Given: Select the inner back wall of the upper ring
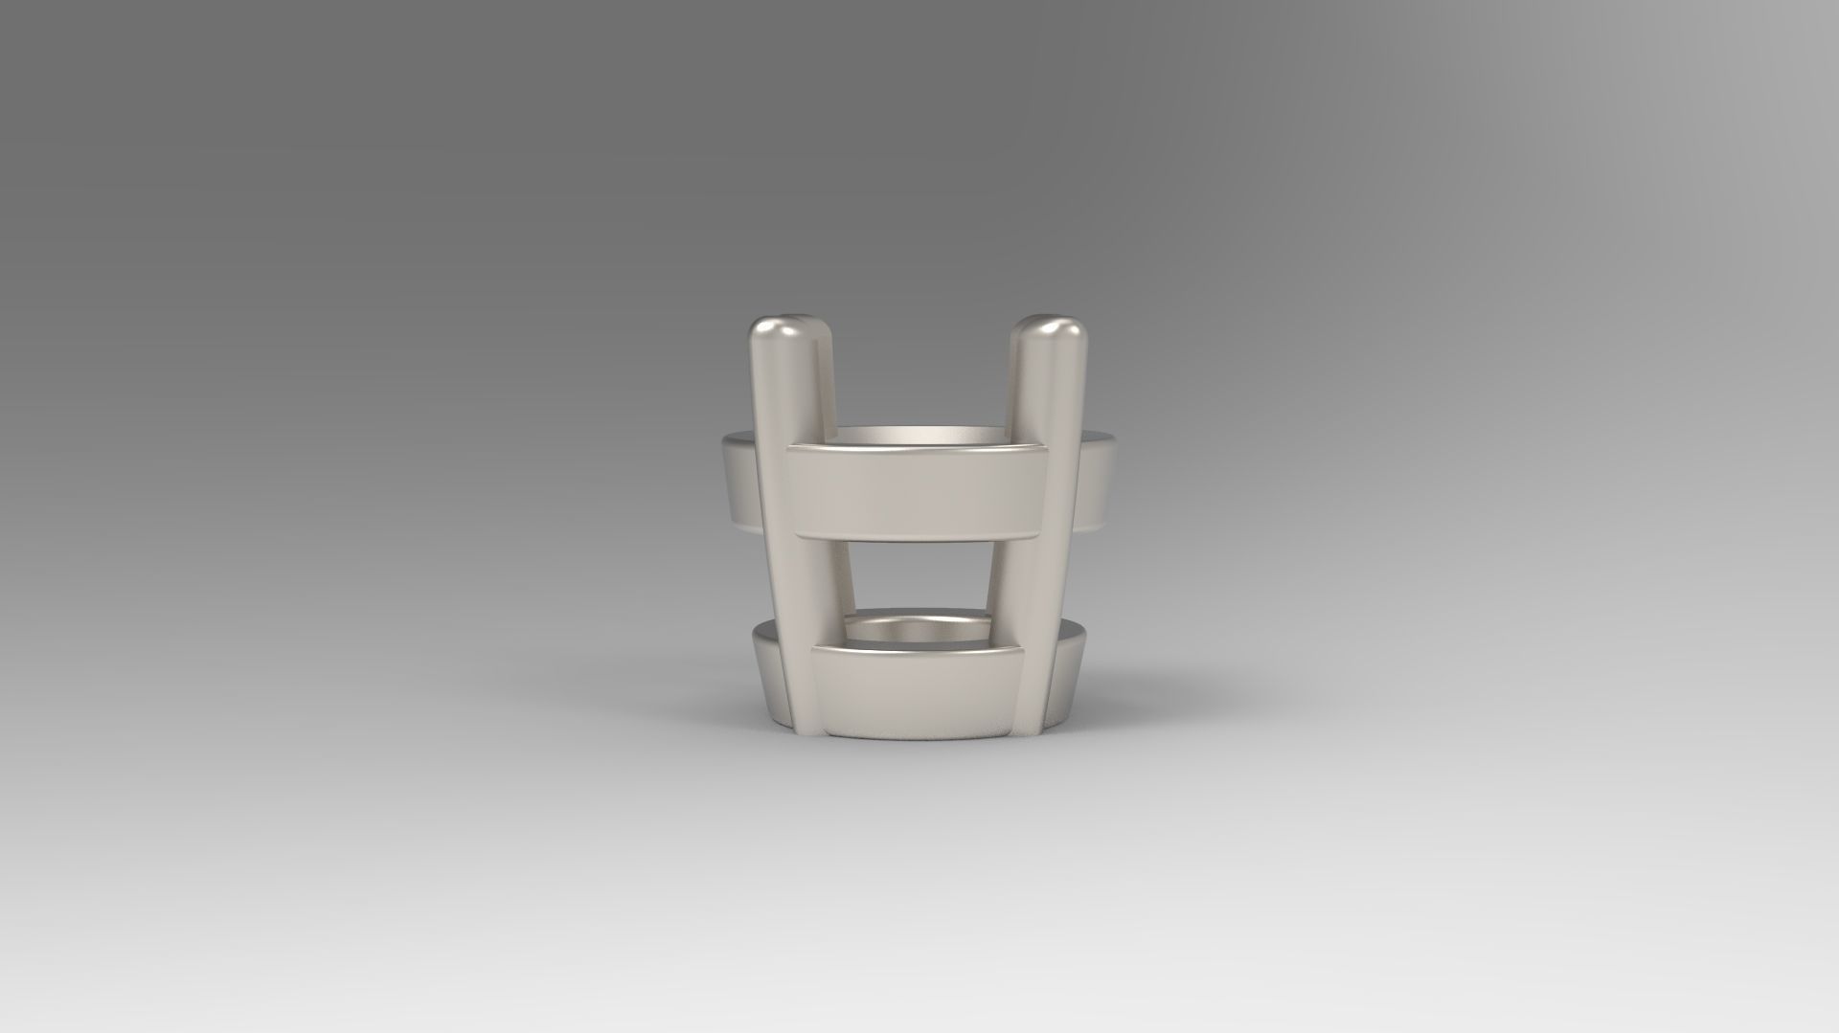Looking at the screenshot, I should click(x=918, y=436).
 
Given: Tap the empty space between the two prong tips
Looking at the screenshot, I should click(x=919, y=364).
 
